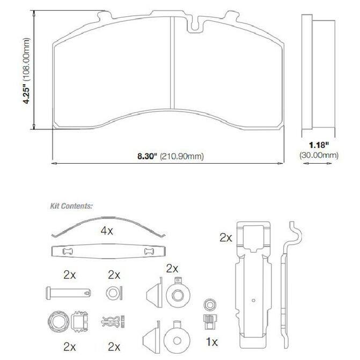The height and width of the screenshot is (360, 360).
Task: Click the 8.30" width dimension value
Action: [147, 156]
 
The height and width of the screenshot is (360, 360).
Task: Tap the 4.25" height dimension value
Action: [27, 95]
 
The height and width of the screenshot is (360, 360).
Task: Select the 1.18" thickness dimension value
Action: [319, 145]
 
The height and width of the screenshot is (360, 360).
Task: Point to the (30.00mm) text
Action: [319, 155]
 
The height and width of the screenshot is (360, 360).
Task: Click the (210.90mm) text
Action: [182, 156]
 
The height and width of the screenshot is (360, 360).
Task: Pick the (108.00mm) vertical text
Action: [27, 59]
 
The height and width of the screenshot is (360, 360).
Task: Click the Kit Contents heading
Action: [71, 206]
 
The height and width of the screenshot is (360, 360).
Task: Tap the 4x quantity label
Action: [107, 231]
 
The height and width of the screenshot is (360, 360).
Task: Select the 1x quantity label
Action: [212, 342]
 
